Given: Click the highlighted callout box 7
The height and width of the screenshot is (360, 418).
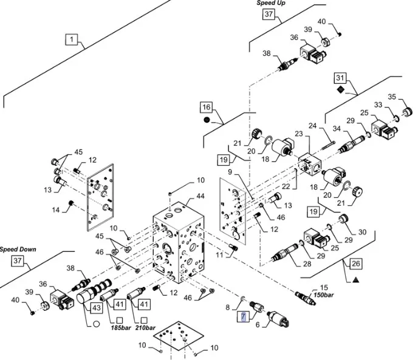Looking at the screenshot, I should [242, 316].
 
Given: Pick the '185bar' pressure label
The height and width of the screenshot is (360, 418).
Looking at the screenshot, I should [122, 328].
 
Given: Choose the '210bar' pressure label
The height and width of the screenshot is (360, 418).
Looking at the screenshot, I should [146, 328].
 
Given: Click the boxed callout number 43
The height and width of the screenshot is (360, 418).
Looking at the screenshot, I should [95, 308].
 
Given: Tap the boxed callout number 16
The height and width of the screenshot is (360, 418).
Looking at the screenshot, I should [207, 107].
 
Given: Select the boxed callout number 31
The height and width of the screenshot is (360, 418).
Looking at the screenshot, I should [340, 78].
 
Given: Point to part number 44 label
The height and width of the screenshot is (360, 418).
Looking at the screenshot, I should [200, 197].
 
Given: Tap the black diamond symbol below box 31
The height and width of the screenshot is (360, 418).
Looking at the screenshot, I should [340, 90].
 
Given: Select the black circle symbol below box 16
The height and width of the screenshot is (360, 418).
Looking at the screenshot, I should [207, 120].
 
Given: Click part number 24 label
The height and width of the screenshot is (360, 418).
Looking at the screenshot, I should [331, 127].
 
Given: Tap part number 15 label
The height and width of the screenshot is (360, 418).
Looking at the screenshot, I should [324, 287].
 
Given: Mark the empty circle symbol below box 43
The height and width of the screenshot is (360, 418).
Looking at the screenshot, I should [95, 323].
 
